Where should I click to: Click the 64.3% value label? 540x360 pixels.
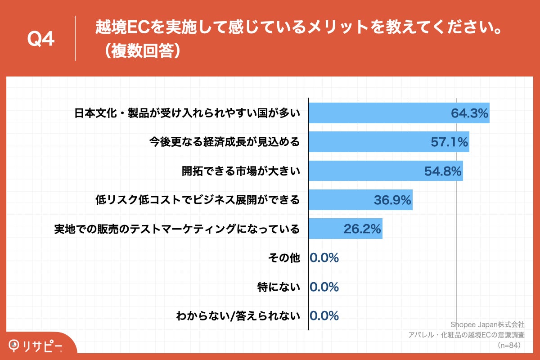470,114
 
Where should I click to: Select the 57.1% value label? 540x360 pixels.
450,143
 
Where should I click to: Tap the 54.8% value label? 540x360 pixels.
443,171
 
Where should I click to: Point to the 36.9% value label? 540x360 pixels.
392,200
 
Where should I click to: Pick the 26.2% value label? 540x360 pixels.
363,229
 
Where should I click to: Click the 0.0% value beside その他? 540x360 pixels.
324,258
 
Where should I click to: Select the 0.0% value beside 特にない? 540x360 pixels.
324,287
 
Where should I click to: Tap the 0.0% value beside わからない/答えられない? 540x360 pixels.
324,316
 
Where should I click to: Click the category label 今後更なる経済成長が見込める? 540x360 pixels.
224,143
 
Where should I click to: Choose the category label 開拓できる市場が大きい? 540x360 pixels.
240,171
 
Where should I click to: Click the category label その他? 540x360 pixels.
283,258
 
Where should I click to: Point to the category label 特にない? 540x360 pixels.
278,287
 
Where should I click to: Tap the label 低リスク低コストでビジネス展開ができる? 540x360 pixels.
198,200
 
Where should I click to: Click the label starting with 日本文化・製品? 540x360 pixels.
187,114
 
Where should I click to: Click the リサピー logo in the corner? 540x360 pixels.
36,346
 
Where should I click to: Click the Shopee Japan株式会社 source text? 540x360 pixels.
487,324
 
